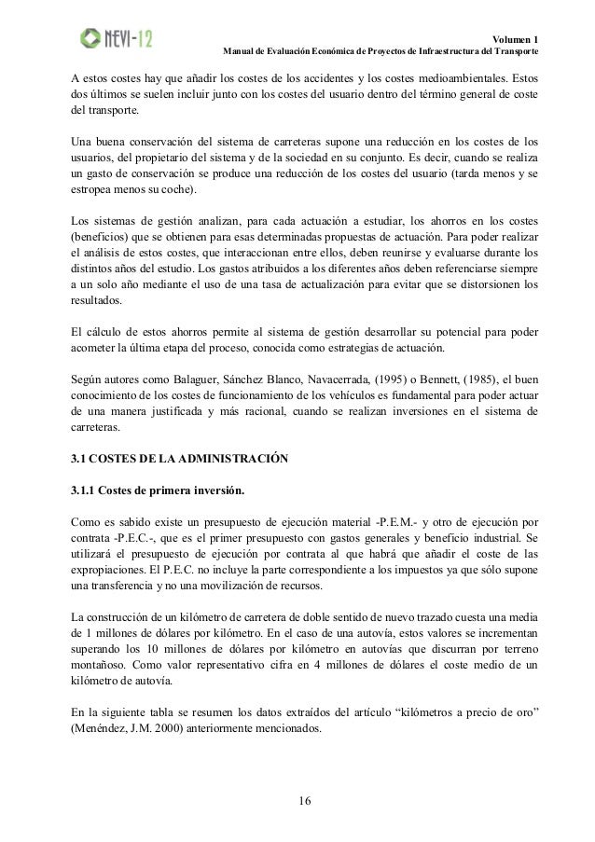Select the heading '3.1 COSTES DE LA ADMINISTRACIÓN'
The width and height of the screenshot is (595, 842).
point(181,458)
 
